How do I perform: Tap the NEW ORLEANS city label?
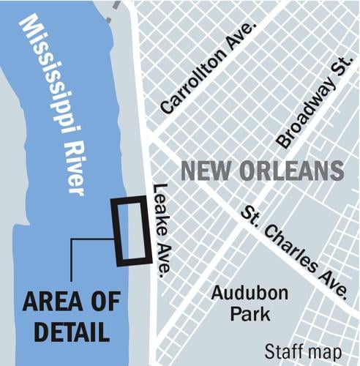pos(262,171)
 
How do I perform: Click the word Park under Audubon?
pos(241,315)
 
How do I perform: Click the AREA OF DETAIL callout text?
pos(65,315)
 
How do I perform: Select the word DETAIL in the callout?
pos(65,331)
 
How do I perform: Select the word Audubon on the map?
pos(241,294)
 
